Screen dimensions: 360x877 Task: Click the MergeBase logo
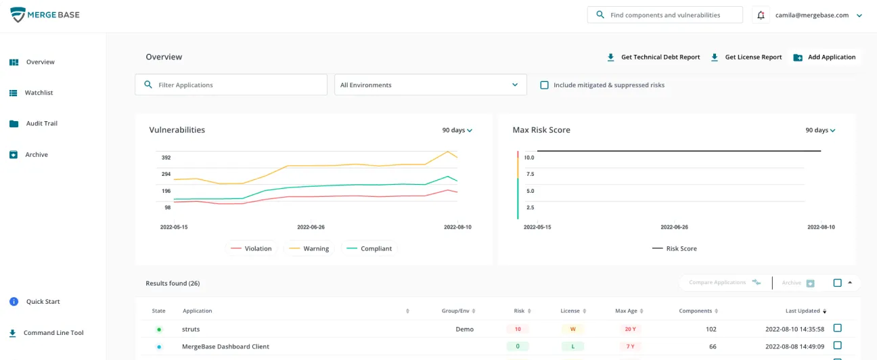[x=45, y=15]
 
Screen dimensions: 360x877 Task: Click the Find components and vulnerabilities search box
[x=665, y=15]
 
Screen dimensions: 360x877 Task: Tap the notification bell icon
[x=761, y=15]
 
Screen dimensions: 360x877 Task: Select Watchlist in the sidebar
[x=39, y=93]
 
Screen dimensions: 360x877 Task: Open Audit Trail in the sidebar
[x=41, y=124]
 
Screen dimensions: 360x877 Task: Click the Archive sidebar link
[x=37, y=155]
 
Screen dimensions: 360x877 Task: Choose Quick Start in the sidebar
[x=43, y=302]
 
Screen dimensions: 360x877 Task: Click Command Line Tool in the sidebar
[x=53, y=333]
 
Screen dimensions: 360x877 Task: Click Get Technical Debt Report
[x=654, y=58]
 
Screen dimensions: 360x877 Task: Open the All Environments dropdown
[x=430, y=85]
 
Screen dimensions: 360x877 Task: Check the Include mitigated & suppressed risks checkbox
[x=544, y=85]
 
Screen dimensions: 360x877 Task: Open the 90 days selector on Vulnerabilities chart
[x=457, y=130]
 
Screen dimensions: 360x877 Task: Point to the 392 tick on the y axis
[x=166, y=158]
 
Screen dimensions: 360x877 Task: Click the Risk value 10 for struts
[x=518, y=330]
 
